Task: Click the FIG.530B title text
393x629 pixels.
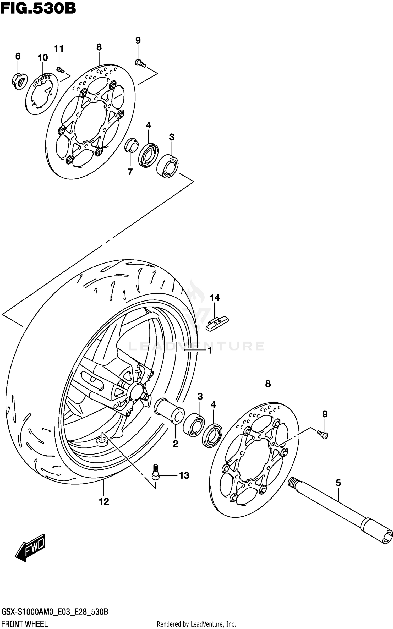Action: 38,8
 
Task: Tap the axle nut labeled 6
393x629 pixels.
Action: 19,81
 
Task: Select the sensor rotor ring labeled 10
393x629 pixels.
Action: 42,94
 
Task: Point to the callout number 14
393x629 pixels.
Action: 215,298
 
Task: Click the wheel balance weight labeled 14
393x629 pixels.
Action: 217,324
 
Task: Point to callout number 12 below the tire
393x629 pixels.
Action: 104,501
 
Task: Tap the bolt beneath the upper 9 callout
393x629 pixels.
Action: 140,63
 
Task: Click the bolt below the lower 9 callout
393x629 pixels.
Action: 323,435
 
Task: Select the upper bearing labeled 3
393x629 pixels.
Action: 167,166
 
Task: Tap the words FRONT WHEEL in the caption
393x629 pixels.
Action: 25,624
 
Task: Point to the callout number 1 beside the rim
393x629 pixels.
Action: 210,351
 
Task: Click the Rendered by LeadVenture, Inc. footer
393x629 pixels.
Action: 196,624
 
